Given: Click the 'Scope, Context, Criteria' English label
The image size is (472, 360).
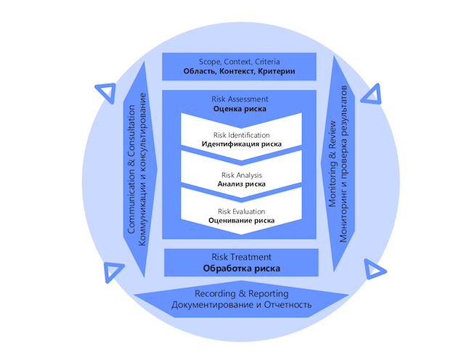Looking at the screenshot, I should point(240,62).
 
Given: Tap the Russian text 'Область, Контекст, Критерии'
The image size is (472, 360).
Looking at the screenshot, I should point(240,73).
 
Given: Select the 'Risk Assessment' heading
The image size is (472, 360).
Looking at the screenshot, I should point(240,99).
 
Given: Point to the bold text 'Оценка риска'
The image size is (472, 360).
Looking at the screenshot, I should point(240,110).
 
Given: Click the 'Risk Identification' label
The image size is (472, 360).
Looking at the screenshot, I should point(242,135).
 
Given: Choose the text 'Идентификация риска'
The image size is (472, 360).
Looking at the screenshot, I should point(242,144).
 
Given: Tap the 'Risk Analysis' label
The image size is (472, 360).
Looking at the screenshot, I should point(242,175).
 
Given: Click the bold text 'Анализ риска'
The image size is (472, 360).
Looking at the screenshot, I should point(242,184).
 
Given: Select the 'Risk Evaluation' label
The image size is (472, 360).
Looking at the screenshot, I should point(242,211).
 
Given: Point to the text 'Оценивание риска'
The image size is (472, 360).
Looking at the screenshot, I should point(242,221).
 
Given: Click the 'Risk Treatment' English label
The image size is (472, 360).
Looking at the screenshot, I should point(242,257).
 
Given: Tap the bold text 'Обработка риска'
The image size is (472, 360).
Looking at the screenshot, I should point(242,269).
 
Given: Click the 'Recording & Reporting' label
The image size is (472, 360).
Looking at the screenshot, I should point(242,294).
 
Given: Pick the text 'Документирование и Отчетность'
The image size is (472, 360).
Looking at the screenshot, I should point(242,305).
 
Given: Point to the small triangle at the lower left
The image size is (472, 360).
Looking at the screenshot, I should point(113,271).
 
